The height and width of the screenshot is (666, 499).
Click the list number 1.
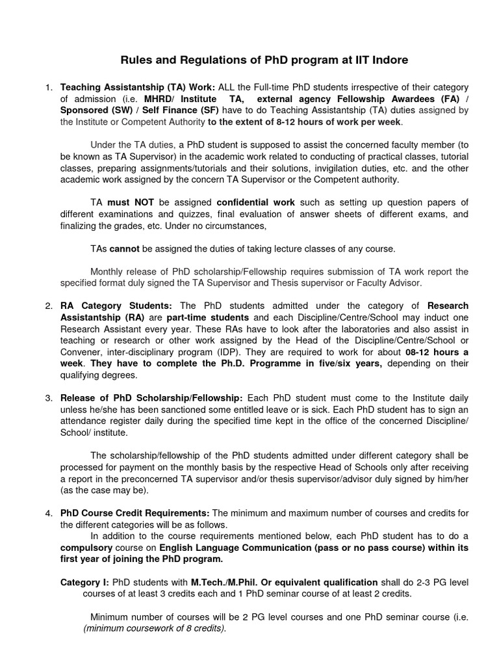coord(48,87)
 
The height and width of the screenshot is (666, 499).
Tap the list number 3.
coord(48,397)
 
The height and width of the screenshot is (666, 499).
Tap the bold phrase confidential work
coord(255,202)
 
